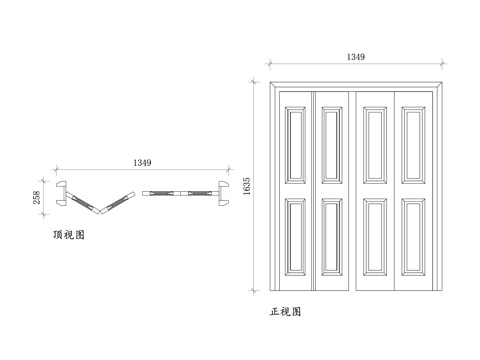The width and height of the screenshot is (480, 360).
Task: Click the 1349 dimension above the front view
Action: pyautogui.click(x=356, y=57)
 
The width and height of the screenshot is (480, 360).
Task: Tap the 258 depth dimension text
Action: pyautogui.click(x=38, y=198)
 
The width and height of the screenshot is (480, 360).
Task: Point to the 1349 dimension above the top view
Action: pyautogui.click(x=143, y=162)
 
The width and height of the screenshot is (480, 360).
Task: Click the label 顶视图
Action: pyautogui.click(x=69, y=236)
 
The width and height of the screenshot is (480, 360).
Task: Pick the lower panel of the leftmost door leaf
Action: pyautogui.click(x=296, y=237)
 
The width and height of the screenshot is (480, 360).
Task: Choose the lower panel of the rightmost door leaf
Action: pyautogui.click(x=415, y=237)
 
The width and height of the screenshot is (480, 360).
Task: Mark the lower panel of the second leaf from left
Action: pyautogui.click(x=334, y=237)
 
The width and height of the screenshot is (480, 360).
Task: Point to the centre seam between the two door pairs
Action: pyautogui.click(x=355, y=190)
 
